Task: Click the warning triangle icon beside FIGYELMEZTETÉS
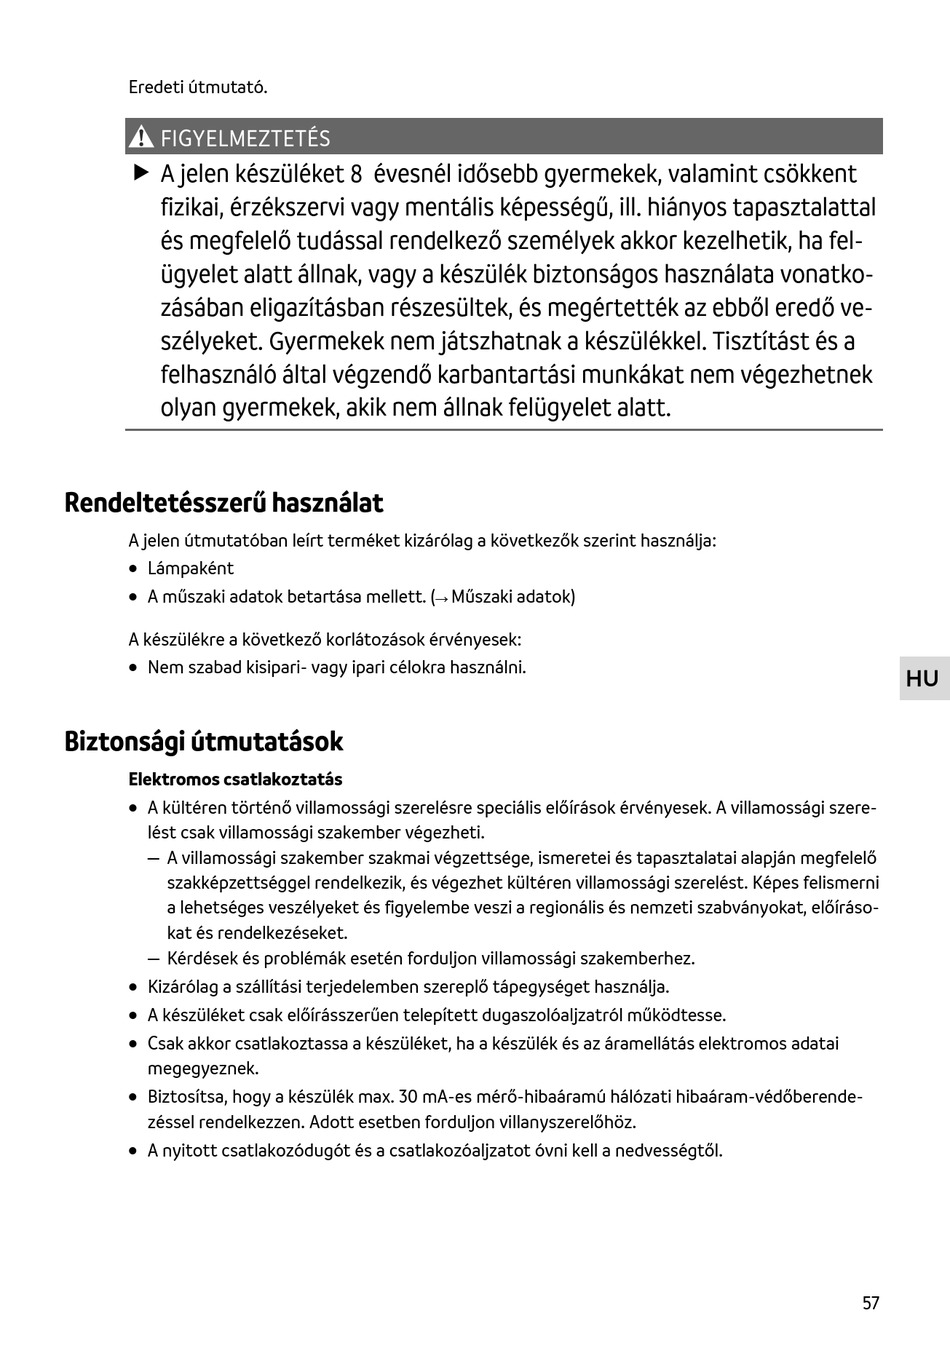tap(142, 137)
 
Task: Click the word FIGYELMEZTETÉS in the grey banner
tap(245, 138)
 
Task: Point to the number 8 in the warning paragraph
tap(355, 174)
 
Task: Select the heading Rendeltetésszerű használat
tap(223, 502)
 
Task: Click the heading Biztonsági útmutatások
tap(203, 741)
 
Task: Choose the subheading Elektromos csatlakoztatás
tap(235, 779)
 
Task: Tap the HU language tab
tap(922, 679)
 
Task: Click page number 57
tap(871, 1303)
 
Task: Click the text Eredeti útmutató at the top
tap(197, 87)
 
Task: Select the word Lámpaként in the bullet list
tap(190, 568)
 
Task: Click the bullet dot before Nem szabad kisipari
tap(134, 667)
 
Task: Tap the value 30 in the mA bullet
tap(409, 1096)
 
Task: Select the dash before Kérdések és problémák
tap(153, 958)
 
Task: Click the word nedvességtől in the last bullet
tap(672, 1150)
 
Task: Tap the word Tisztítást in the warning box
tap(760, 341)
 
